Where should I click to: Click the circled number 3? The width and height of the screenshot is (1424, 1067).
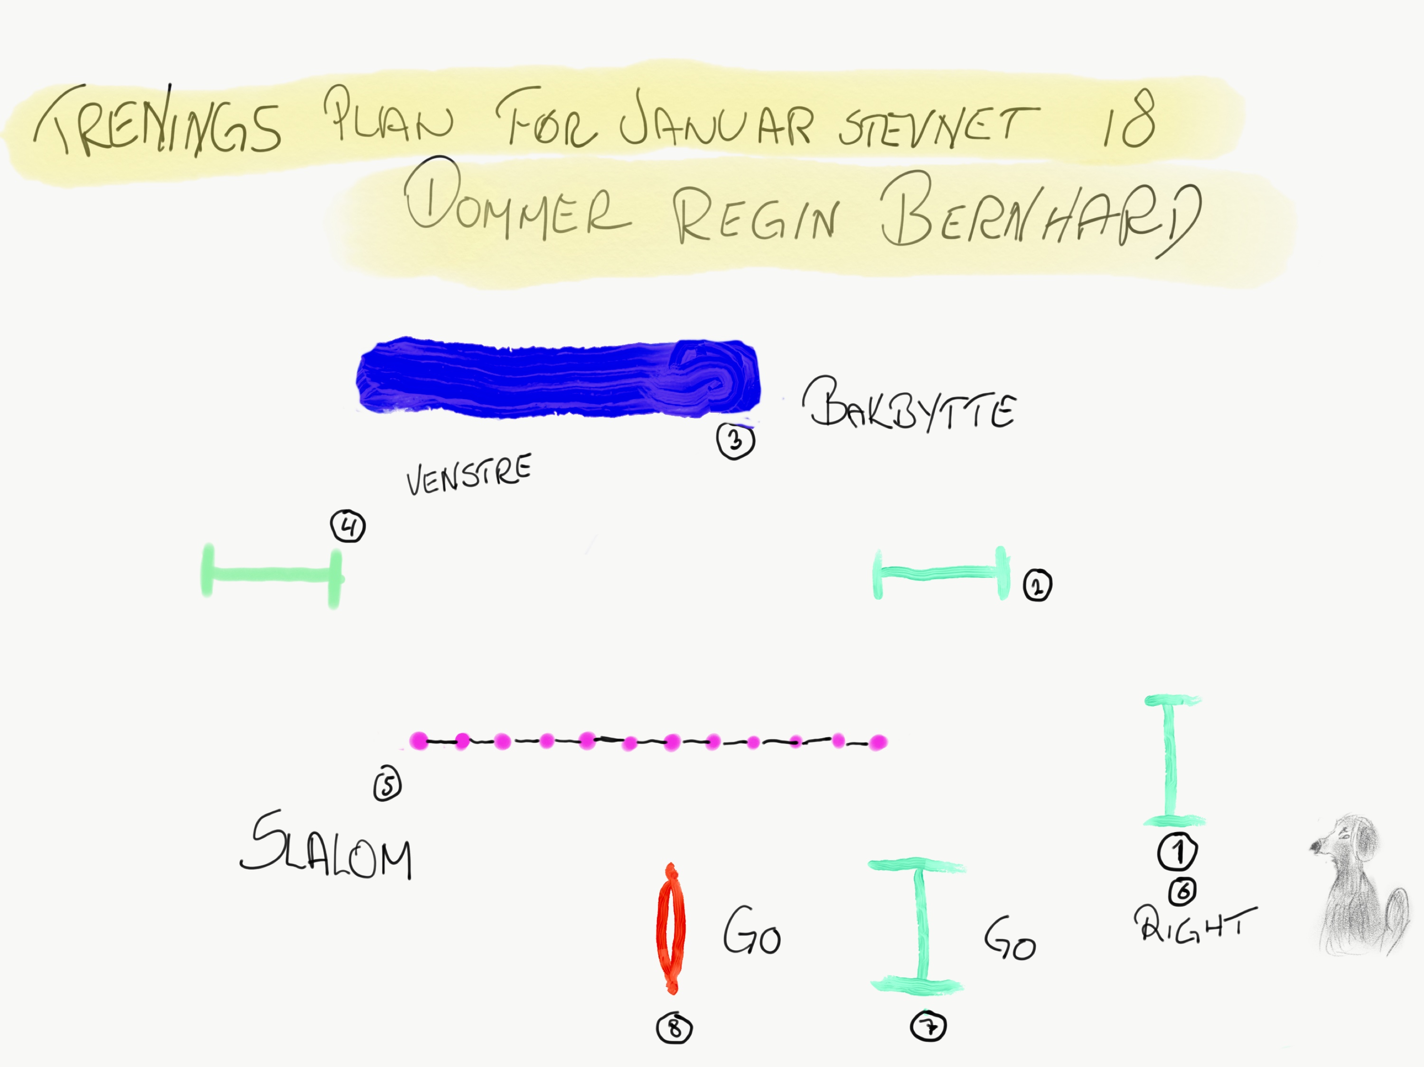pyautogui.click(x=735, y=442)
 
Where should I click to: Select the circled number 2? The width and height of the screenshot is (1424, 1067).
pyautogui.click(x=1037, y=585)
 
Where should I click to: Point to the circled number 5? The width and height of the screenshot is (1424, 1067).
pyautogui.click(x=387, y=785)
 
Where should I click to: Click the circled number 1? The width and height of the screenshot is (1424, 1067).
pyautogui.click(x=1178, y=852)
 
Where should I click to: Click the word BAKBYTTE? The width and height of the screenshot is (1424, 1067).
pyautogui.click(x=909, y=406)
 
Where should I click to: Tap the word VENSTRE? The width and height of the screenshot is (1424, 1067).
pyautogui.click(x=468, y=474)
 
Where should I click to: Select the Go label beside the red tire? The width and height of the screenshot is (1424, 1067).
pyautogui.click(x=751, y=931)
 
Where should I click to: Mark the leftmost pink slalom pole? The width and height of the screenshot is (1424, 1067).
pyautogui.click(x=419, y=741)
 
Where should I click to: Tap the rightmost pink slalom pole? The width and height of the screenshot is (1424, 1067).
pyautogui.click(x=878, y=742)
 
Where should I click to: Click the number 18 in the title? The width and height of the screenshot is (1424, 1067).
pyautogui.click(x=1128, y=119)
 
